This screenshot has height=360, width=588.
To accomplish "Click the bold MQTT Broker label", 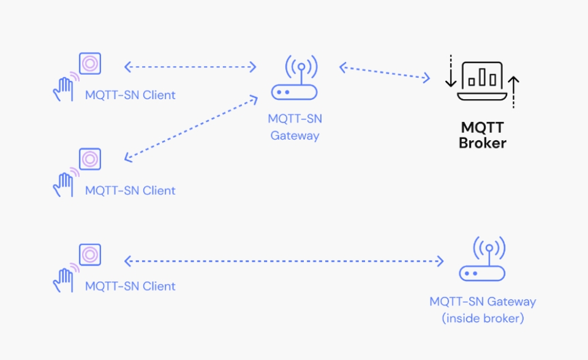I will (x=483, y=135).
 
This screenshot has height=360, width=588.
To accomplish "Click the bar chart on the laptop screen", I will (x=482, y=77).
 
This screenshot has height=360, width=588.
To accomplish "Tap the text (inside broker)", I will (x=483, y=318).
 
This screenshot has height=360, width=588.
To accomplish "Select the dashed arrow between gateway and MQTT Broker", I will (x=385, y=72).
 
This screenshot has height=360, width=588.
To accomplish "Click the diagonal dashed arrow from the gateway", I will (x=190, y=129).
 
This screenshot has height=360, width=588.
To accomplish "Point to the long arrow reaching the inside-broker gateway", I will (x=284, y=261).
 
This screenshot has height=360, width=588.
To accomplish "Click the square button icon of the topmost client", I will (x=90, y=63).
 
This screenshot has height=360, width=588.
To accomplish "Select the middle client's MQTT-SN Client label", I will (x=130, y=190).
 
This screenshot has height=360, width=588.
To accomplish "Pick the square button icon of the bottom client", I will (x=90, y=254).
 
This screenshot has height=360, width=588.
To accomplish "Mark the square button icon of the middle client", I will (x=90, y=159).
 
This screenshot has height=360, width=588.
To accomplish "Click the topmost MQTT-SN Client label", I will (x=130, y=95).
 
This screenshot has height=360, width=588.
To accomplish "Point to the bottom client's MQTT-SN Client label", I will (x=130, y=286).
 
